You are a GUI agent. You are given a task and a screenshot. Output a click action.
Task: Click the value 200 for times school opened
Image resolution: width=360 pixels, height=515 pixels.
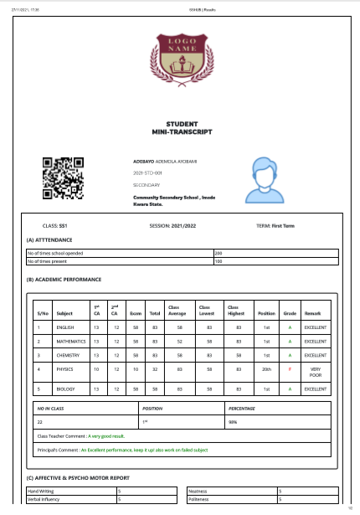(x=219, y=253)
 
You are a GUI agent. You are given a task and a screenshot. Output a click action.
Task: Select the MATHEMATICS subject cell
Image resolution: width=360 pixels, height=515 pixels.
(x=69, y=342)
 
